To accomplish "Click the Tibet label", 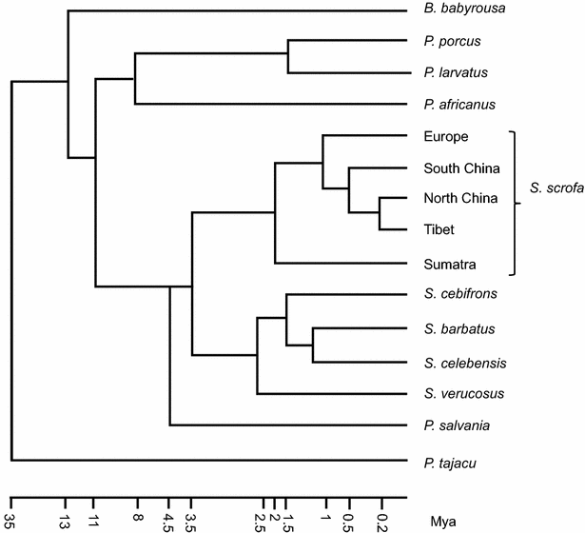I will coord(440,229).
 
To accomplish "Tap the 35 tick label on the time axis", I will coord(10,520).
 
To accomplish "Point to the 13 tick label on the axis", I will coord(66,520).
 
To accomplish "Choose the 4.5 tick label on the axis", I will coord(168,521).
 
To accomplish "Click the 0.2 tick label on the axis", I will coord(381,521).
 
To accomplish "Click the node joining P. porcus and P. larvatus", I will coord(288,57).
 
